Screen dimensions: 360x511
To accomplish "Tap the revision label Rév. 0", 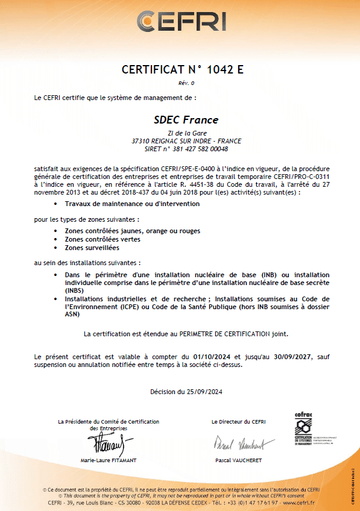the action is pyautogui.click(x=186, y=82).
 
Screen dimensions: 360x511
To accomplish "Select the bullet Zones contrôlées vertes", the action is pyautogui.click(x=103, y=239).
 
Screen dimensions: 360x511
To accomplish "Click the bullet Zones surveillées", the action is pyautogui.click(x=92, y=247).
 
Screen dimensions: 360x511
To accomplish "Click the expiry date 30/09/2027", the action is pyautogui.click(x=288, y=357).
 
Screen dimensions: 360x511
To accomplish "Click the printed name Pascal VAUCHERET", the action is pyautogui.click(x=238, y=460).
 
